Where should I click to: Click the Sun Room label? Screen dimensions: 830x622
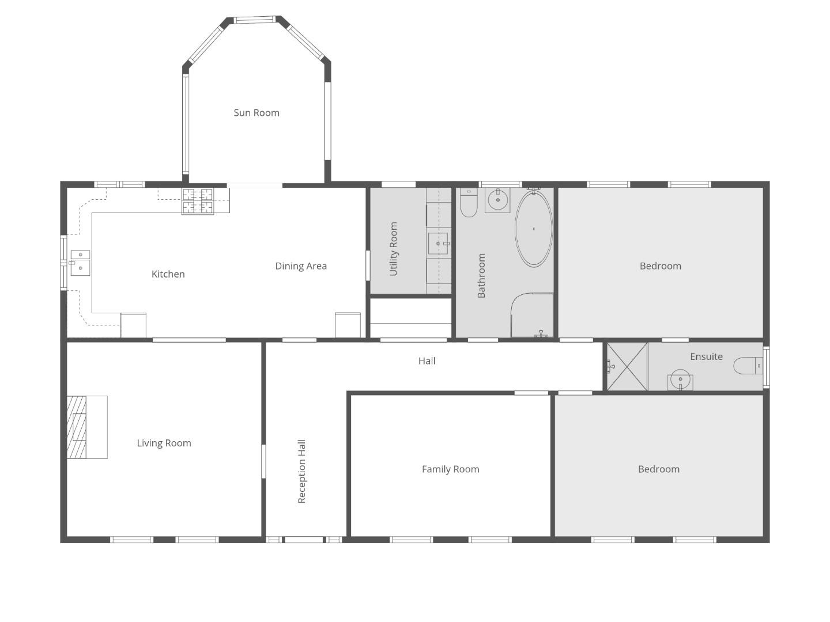tap(256, 112)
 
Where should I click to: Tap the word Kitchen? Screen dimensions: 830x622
tap(168, 274)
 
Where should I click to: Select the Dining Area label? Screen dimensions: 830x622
tap(301, 266)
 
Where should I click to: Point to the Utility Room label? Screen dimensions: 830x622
tap(393, 249)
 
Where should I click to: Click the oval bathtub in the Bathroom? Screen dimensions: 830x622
tap(534, 229)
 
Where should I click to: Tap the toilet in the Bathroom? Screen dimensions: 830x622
tap(469, 202)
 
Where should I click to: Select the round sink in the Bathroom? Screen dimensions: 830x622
tap(497, 199)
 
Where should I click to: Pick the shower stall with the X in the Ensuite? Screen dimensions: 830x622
tap(627, 366)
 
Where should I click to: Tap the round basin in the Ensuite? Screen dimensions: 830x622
tap(680, 379)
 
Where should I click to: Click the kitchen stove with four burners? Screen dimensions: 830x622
tap(197, 201)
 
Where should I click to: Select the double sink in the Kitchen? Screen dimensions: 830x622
tap(80, 263)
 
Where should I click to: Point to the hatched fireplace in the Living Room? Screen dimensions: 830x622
tap(77, 427)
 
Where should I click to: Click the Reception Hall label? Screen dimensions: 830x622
tap(301, 471)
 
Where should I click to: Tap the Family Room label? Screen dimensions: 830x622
tap(450, 469)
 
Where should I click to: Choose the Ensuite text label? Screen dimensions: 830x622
tap(706, 356)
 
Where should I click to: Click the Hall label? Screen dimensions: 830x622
tap(427, 361)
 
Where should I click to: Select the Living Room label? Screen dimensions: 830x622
tap(164, 443)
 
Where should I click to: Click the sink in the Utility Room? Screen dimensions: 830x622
tap(439, 244)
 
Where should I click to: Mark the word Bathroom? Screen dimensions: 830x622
tap(481, 276)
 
